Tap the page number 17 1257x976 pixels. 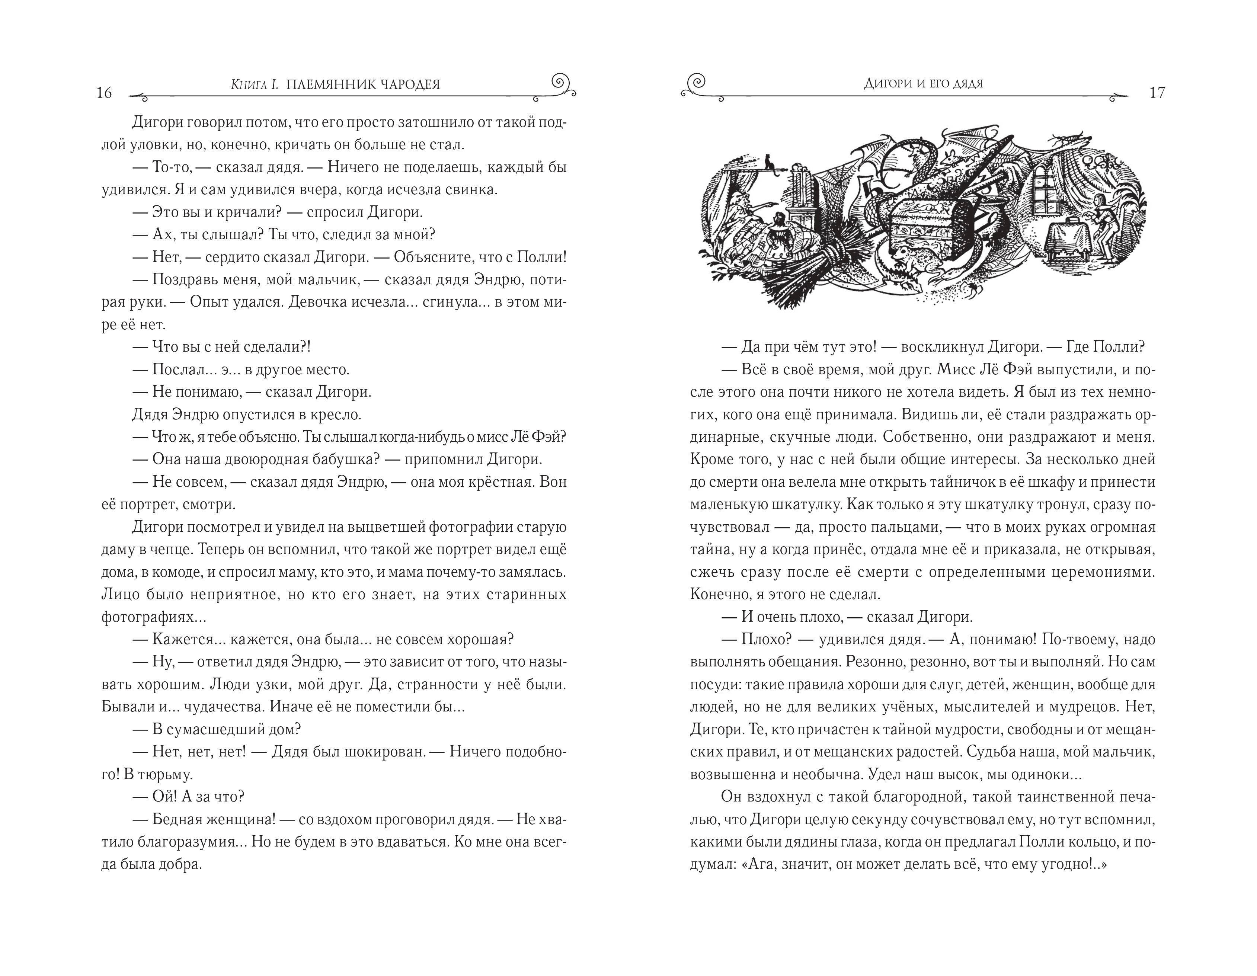click(x=1157, y=93)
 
